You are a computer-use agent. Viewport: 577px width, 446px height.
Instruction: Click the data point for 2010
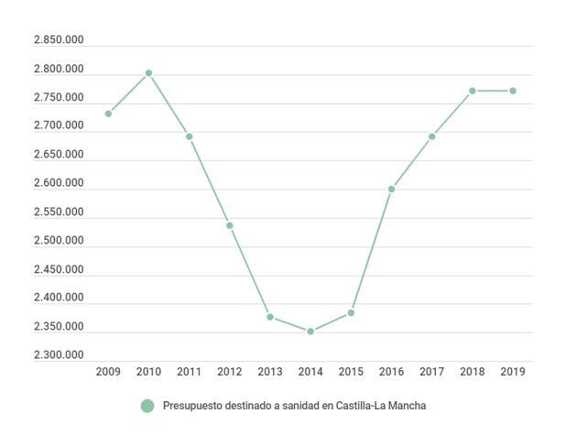[148, 73]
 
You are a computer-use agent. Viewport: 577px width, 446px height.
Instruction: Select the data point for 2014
[310, 332]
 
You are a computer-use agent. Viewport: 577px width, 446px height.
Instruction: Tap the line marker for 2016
[391, 190]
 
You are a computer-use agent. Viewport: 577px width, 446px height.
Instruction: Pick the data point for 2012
[230, 225]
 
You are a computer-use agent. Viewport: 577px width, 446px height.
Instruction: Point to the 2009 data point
[108, 114]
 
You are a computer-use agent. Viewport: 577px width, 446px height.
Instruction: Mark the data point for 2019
[513, 91]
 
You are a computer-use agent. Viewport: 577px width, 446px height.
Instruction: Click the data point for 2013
[270, 317]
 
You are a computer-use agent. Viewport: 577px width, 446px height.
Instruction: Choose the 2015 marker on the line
[351, 313]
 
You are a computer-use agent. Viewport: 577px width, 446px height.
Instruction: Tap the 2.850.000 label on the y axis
[59, 40]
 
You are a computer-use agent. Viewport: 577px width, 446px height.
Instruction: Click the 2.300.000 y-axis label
[59, 355]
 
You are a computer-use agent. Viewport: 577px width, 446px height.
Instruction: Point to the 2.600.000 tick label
[59, 183]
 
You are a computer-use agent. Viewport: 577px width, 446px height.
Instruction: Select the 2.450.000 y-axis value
[59, 269]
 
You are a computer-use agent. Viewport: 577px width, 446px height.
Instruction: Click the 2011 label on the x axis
[189, 372]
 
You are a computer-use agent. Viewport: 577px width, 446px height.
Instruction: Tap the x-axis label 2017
[431, 372]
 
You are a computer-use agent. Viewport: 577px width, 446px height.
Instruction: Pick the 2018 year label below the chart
[472, 372]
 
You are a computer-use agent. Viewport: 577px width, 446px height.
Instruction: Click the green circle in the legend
[147, 406]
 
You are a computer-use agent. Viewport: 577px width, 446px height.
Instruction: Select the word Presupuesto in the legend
[192, 406]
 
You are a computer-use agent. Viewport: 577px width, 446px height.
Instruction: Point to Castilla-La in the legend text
[364, 406]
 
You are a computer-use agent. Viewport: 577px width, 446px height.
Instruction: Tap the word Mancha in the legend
[409, 406]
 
